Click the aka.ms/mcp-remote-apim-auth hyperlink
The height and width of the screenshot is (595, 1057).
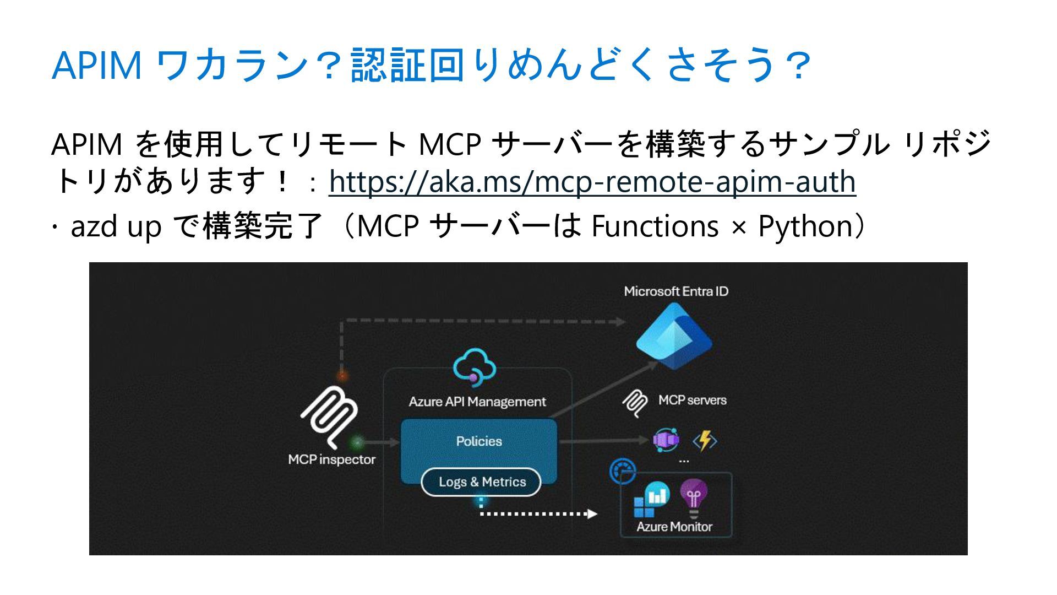coord(592,182)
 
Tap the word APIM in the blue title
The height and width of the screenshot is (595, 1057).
coord(97,65)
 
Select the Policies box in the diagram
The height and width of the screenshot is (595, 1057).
coord(478,441)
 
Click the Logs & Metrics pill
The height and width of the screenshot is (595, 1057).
coord(481,482)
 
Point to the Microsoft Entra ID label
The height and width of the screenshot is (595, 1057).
coord(675,291)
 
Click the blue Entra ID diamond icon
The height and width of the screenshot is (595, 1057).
coord(673,337)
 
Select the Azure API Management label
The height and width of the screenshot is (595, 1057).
coord(477,402)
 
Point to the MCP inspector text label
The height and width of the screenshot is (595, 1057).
coord(331,459)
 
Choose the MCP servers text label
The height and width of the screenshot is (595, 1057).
coord(692,400)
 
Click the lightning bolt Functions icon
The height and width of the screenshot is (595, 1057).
coord(705,441)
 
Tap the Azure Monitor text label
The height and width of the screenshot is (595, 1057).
coord(674,527)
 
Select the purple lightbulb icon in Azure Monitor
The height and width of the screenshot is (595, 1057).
coord(693,497)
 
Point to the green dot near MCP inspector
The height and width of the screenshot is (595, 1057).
coord(357,442)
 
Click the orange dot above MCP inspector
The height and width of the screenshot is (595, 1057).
coord(342,376)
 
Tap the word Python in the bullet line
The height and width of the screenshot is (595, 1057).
coord(805,226)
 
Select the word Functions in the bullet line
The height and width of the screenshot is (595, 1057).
coord(655,226)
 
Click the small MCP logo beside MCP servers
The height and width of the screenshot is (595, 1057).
coord(635,403)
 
